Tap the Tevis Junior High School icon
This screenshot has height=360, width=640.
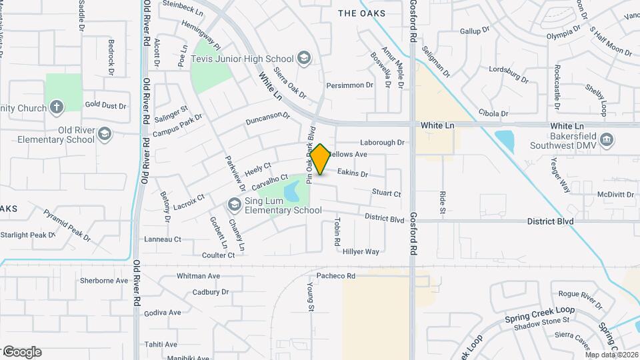(304, 59)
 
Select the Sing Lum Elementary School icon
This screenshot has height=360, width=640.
(234, 204)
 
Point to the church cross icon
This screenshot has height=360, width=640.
(57, 107)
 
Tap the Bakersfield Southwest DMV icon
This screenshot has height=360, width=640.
(606, 139)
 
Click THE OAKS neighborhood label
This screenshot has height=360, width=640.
(361, 13)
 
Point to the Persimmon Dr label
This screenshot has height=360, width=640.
(349, 85)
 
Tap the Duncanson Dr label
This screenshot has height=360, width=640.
(268, 119)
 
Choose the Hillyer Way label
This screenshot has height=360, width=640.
(361, 251)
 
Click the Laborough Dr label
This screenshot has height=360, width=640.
(382, 142)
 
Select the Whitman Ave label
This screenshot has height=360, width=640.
(198, 275)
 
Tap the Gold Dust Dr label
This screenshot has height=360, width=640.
(105, 105)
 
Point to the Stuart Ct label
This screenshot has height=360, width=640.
(386, 193)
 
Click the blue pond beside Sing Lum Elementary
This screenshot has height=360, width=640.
(292, 192)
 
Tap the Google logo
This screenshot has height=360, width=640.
(22, 352)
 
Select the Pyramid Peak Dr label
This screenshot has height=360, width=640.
(67, 224)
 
